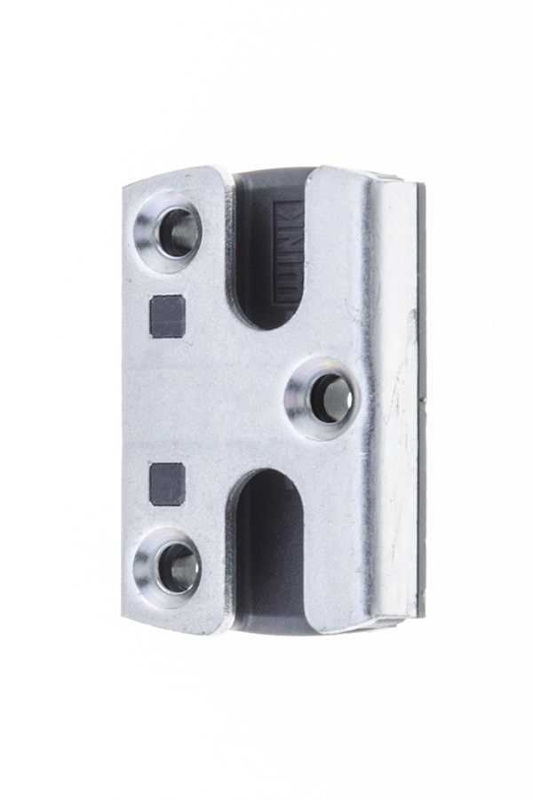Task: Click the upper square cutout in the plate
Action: coord(167,316)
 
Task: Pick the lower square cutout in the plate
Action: coord(167,484)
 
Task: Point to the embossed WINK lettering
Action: coord(290,254)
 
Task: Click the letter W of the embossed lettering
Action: coord(290,284)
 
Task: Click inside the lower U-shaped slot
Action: coord(266,542)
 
